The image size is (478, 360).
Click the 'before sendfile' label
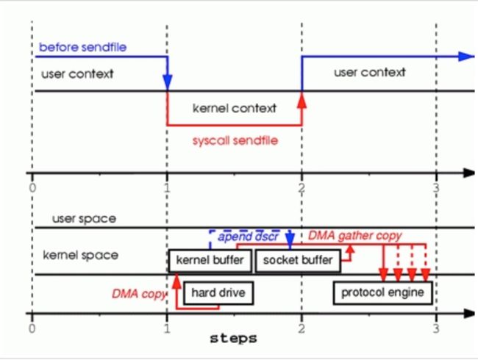tap(82, 47)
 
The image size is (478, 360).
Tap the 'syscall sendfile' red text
tap(235, 140)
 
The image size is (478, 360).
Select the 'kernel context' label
tap(235, 108)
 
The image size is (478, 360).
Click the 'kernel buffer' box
tap(210, 260)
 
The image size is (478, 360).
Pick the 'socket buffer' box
tap(298, 260)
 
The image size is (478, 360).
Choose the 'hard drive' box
tap(218, 292)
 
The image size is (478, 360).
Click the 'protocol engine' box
tap(382, 292)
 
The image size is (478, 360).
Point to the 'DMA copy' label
tap(139, 294)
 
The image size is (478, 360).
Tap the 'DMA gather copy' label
tap(355, 235)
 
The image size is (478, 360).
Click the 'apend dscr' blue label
tap(248, 237)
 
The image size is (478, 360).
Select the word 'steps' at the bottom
tap(234, 339)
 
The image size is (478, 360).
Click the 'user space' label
tap(84, 219)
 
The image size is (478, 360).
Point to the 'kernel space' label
tap(80, 255)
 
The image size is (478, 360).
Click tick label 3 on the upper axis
tap(436, 188)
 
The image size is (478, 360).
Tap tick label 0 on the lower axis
tap(32, 328)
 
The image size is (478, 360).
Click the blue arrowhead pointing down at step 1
tap(167, 82)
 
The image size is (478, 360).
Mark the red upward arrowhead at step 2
tap(302, 100)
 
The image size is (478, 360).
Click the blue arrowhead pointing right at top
tap(466, 57)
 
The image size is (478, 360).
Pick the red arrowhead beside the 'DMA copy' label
tap(176, 281)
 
